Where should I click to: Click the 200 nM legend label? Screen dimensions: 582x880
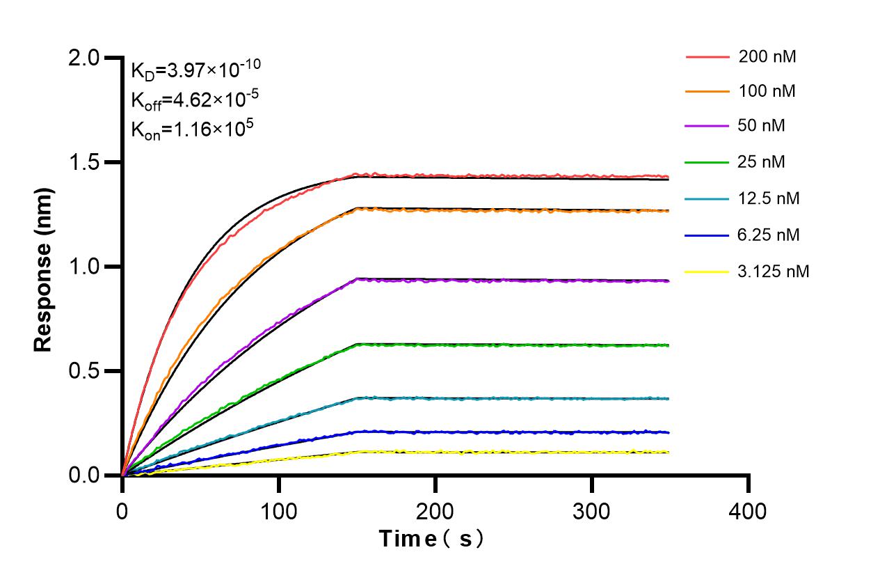pyautogui.click(x=767, y=57)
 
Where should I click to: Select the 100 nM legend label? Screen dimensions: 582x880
pyautogui.click(x=767, y=91)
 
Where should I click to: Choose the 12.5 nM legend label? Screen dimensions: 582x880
pyautogui.click(x=769, y=198)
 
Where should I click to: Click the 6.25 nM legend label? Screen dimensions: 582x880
pyautogui.click(x=769, y=235)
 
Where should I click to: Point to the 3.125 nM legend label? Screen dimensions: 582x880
pyautogui.click(x=774, y=271)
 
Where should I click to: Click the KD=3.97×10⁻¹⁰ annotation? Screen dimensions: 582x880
pyautogui.click(x=195, y=69)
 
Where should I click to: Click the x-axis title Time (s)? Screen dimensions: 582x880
pyautogui.click(x=431, y=538)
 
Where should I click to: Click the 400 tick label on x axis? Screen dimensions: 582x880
pyautogui.click(x=748, y=512)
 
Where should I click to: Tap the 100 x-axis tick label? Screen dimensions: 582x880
pyautogui.click(x=278, y=512)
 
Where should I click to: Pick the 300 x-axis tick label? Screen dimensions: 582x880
pyautogui.click(x=591, y=512)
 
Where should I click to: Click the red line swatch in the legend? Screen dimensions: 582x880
pyautogui.click(x=706, y=57)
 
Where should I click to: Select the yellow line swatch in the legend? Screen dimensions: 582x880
pyautogui.click(x=706, y=271)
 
